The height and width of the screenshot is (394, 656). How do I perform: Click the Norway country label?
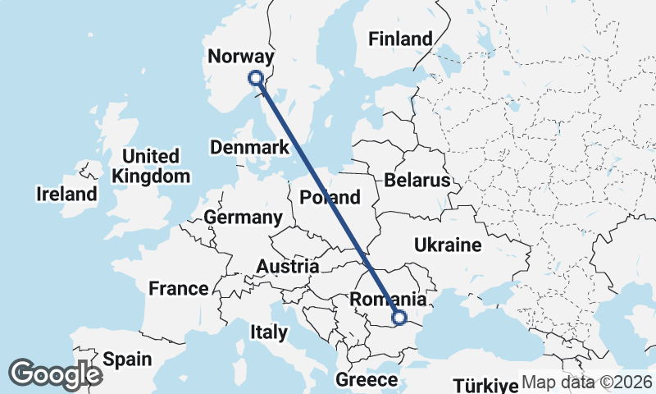click(x=239, y=57)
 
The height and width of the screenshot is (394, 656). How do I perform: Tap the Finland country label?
click(x=400, y=39)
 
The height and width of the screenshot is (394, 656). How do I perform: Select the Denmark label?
click(x=250, y=148)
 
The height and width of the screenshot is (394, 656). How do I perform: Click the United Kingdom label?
click(x=151, y=166)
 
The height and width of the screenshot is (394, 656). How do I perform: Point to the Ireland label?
click(x=66, y=195)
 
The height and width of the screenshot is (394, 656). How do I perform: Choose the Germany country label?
click(x=243, y=218)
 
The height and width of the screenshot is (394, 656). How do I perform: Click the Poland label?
click(x=330, y=197)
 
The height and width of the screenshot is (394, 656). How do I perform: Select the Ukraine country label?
click(x=447, y=245)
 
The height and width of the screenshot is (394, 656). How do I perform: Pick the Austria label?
click(x=287, y=266)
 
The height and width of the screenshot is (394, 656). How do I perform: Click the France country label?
click(x=179, y=288)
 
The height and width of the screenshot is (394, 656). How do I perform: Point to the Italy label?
click(x=269, y=332)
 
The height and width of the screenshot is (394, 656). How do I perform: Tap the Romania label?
click(x=387, y=300)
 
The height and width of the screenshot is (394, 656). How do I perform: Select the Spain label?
click(x=127, y=360)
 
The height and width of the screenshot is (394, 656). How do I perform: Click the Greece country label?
click(x=367, y=380)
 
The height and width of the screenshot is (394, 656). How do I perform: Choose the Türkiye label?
click(x=486, y=385)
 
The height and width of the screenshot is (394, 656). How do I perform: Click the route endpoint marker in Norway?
click(x=255, y=78)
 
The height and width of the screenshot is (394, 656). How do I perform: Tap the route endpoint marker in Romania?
click(x=399, y=318)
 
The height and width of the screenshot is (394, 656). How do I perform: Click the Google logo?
click(x=55, y=373)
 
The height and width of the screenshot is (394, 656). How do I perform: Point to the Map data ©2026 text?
click(x=587, y=383)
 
